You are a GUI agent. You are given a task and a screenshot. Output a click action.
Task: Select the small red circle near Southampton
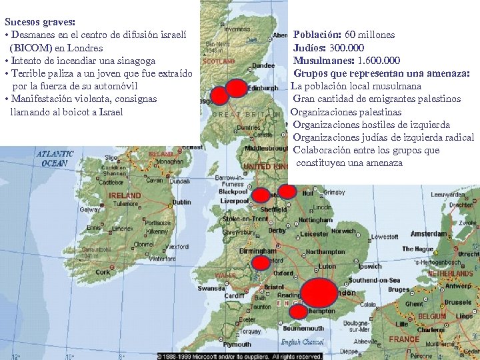tap(299, 311)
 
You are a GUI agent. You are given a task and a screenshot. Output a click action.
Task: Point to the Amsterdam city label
tap(429, 234)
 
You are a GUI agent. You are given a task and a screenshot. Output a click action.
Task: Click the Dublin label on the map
tap(181, 202)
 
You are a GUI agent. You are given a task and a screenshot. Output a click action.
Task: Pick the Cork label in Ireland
tap(103, 272)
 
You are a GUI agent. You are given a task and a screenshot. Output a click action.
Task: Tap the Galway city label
tap(90, 209)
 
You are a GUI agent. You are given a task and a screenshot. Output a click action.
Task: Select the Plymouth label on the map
tap(237, 345)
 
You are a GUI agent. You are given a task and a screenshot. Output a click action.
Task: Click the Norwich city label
tap(343, 231)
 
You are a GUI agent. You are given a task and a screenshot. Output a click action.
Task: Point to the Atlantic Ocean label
tap(55, 158)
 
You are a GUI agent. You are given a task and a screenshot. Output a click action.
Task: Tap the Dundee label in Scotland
tap(263, 65)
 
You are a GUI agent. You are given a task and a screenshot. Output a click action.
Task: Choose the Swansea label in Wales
tap(212, 288)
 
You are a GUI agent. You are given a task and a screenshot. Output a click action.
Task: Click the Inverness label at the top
tap(237, 29)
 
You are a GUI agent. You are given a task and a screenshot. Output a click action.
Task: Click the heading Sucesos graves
tap(39, 22)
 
